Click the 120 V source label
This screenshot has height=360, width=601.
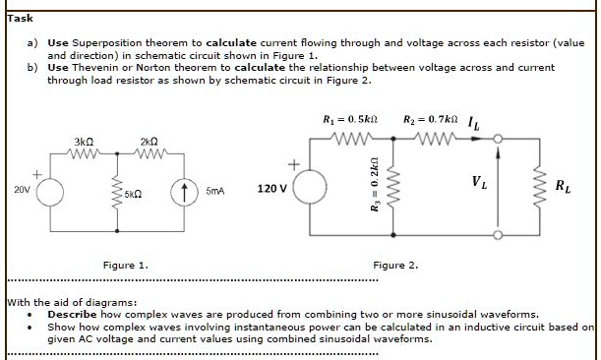[x=271, y=187]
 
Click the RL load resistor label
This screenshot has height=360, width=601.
[x=562, y=186]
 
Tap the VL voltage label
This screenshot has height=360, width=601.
[x=478, y=181]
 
